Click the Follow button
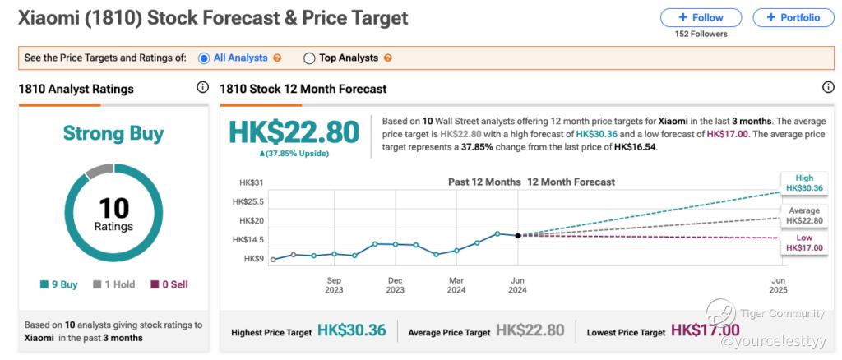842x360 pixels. point(701,18)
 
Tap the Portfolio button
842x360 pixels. point(793,18)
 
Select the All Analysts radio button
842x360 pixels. point(204,58)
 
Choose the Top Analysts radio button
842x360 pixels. point(309,58)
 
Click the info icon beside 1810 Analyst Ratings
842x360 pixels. point(202,87)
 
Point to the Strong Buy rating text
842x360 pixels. point(113,133)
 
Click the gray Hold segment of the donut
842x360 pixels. point(99,171)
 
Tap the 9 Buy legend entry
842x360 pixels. point(59,284)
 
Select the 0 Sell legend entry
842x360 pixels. point(169,284)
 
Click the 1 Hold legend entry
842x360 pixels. point(113,284)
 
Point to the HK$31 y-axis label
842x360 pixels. point(252,183)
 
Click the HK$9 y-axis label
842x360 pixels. point(253,259)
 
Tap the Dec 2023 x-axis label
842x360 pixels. point(396,285)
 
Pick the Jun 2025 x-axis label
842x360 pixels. point(778,285)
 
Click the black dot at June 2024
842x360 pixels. point(518,236)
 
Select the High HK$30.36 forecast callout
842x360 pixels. point(803,183)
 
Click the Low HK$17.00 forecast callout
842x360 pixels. point(803,242)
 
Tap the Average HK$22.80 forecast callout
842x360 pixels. point(803,215)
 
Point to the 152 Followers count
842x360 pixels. point(701,35)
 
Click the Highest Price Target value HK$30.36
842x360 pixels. point(352,330)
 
